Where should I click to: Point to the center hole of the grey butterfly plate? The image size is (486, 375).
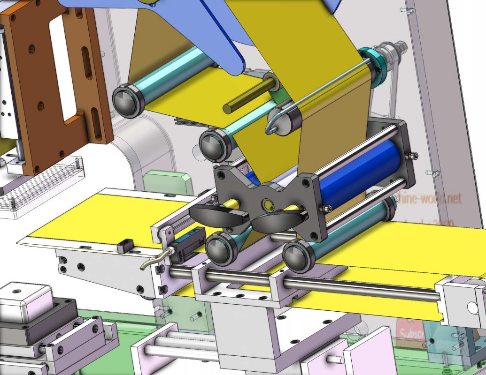tap(268, 204)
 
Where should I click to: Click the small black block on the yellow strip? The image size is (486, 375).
tap(124, 246)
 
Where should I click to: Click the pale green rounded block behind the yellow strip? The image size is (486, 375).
tap(168, 183)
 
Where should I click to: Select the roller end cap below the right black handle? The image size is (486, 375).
tap(298, 255)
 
